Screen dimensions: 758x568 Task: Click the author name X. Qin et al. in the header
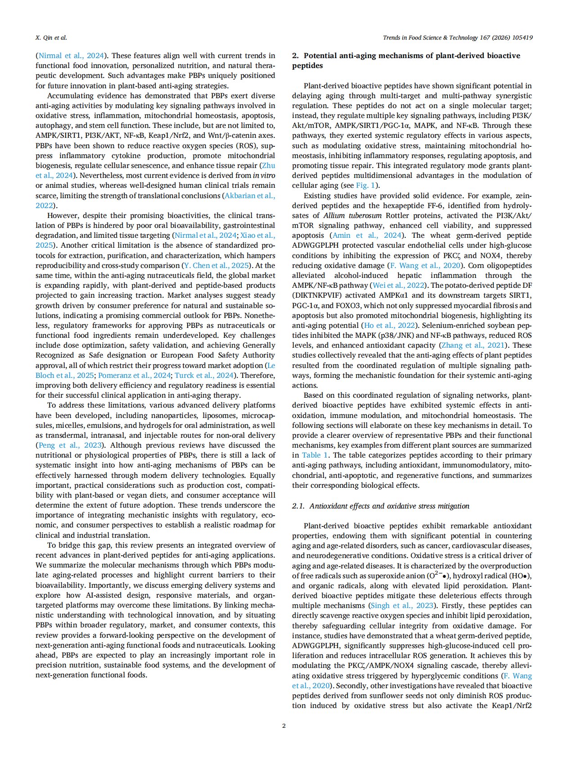51,38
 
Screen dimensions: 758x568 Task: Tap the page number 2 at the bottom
284,726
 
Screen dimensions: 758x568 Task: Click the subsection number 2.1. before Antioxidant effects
299,506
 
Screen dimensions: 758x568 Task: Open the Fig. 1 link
365,186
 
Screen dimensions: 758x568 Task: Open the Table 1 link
315,455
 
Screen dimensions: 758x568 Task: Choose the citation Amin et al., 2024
366,236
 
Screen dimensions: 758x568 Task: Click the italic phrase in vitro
264,176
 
